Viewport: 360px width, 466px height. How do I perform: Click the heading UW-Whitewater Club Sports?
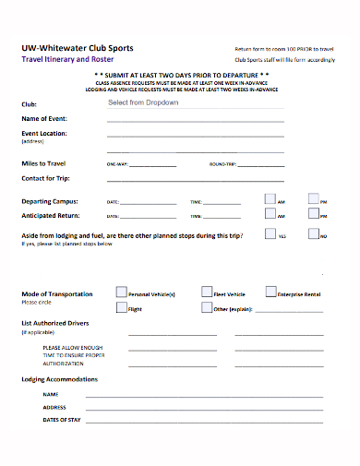click(x=77, y=47)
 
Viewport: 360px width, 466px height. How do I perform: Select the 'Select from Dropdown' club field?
click(x=143, y=102)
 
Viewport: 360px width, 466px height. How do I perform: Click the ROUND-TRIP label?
click(x=222, y=164)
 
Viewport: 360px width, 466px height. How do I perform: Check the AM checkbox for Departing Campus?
click(x=270, y=198)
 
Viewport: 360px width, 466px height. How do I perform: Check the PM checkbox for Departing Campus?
click(x=314, y=198)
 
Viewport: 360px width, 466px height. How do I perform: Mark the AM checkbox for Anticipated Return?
click(x=270, y=215)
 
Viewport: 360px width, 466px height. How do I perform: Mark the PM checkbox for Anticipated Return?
click(x=314, y=215)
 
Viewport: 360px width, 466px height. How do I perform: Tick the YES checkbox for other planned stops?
click(x=270, y=234)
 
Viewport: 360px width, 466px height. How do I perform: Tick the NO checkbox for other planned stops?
click(x=314, y=234)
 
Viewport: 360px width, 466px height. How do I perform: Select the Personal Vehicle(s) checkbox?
click(x=121, y=292)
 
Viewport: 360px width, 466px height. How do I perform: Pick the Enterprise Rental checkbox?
click(x=270, y=292)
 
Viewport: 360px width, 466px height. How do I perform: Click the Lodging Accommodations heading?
click(x=59, y=379)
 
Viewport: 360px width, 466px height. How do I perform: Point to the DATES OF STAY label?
click(x=62, y=420)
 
